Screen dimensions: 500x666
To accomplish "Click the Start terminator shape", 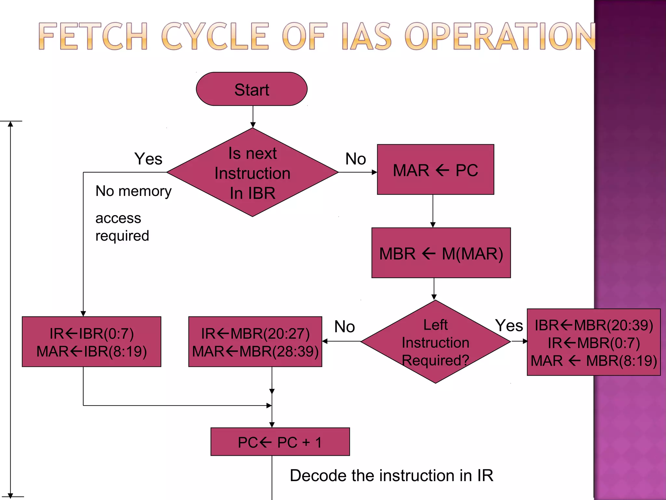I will [252, 89].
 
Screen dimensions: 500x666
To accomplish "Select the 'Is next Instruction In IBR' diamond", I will [252, 173].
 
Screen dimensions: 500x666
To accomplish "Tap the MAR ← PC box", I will [435, 170].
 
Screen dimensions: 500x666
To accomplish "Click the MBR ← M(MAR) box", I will [441, 253].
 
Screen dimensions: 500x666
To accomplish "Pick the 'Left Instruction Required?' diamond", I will [435, 342].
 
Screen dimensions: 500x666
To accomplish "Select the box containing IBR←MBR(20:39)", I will [593, 342].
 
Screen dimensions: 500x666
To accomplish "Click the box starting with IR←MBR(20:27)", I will [255, 342].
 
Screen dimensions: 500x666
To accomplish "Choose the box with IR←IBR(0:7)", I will [91, 342].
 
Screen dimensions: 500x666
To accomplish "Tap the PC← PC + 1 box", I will [280, 442].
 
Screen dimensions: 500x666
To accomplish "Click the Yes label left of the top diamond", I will [148, 159].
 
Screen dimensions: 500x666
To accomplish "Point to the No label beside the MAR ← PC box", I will [355, 159].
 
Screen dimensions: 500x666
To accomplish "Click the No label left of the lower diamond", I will [344, 326].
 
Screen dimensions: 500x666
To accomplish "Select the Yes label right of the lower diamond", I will [509, 326].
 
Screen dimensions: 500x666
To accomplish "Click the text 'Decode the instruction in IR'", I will [392, 476].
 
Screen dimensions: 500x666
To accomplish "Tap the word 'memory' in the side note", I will [145, 191].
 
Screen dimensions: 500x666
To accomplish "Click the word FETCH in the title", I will [93, 36].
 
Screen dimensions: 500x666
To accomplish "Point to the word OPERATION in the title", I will [501, 36].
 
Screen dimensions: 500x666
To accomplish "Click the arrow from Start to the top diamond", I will [253, 117].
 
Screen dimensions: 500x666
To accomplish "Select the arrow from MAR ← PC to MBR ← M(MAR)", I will [433, 211].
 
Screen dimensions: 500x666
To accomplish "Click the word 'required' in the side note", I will [122, 236].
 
